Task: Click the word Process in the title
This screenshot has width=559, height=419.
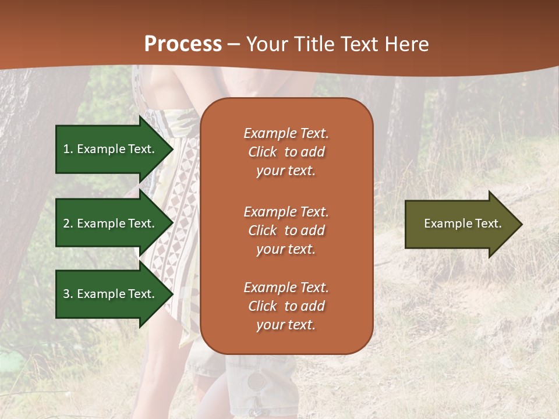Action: [183, 44]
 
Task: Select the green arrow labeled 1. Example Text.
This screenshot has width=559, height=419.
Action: [111, 149]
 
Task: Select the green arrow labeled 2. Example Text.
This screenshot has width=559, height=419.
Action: [111, 223]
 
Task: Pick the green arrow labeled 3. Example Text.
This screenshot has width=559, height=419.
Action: [111, 294]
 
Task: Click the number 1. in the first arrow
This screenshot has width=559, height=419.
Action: [68, 149]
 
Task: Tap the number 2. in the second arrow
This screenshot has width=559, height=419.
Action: [68, 223]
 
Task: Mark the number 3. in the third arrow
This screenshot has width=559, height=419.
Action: [68, 294]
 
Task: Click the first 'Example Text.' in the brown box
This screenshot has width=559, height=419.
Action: [286, 133]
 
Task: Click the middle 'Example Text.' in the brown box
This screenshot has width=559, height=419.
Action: [286, 212]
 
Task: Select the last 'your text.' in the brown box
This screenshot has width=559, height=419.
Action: [286, 325]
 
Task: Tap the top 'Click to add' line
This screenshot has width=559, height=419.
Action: [286, 152]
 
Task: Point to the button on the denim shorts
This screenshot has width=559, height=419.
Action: [256, 381]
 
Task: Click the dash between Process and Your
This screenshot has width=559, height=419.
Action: [233, 44]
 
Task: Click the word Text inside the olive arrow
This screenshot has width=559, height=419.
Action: [489, 223]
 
